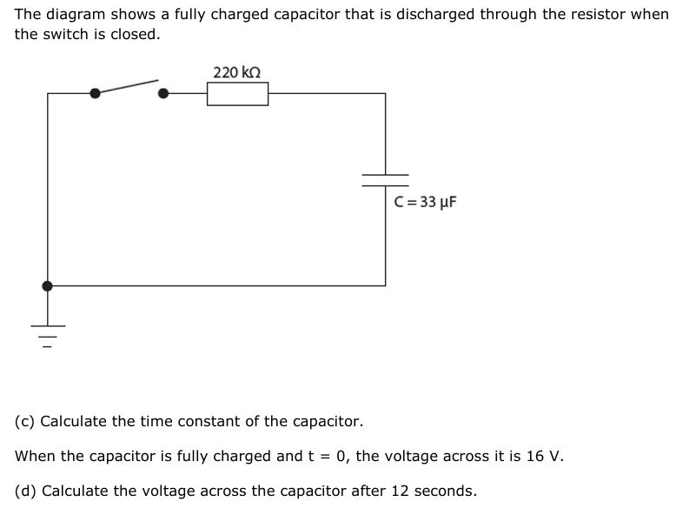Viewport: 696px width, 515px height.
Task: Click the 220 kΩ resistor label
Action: (237, 72)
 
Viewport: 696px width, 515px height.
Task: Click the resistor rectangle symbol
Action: (237, 93)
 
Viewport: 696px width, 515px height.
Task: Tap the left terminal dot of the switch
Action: (95, 93)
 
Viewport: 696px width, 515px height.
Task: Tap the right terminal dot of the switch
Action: (162, 93)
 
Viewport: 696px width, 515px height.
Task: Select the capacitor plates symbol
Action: (385, 179)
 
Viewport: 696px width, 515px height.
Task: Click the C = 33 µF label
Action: (425, 203)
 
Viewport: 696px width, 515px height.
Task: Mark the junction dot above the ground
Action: (47, 285)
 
